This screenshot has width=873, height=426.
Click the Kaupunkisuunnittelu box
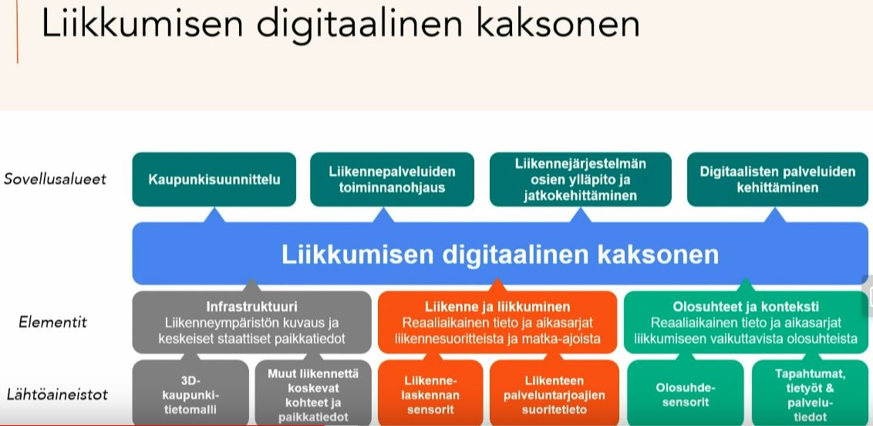(214, 180)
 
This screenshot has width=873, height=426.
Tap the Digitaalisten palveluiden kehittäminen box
(777, 180)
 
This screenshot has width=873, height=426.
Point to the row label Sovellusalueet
(55, 179)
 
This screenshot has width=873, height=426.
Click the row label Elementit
(53, 322)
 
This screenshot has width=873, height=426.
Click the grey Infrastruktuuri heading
(251, 306)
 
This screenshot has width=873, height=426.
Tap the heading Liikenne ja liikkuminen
(497, 306)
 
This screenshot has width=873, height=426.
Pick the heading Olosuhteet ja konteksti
(746, 306)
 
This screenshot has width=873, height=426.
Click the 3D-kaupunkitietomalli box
(190, 394)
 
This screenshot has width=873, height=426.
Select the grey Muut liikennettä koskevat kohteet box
(312, 394)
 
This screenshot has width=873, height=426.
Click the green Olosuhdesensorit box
(685, 394)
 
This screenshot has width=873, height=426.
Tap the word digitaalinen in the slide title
(360, 25)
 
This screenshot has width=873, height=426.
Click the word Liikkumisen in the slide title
(141, 25)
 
